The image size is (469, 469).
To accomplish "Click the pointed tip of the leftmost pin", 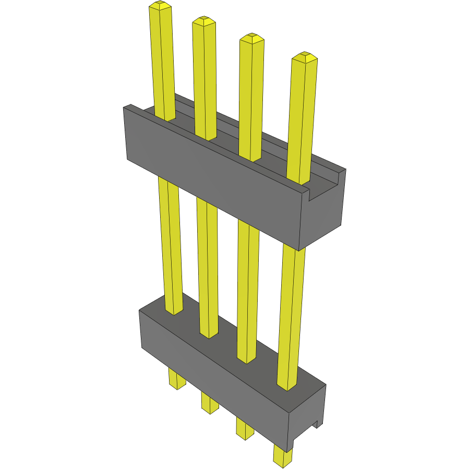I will (160, 6).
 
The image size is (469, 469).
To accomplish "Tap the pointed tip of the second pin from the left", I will (204, 21).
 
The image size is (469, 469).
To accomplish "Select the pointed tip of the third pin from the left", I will (251, 38).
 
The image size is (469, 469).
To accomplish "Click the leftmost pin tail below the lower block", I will (176, 379).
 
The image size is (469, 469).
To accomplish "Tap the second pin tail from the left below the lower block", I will (209, 403).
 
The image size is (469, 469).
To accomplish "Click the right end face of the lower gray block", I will (308, 417).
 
